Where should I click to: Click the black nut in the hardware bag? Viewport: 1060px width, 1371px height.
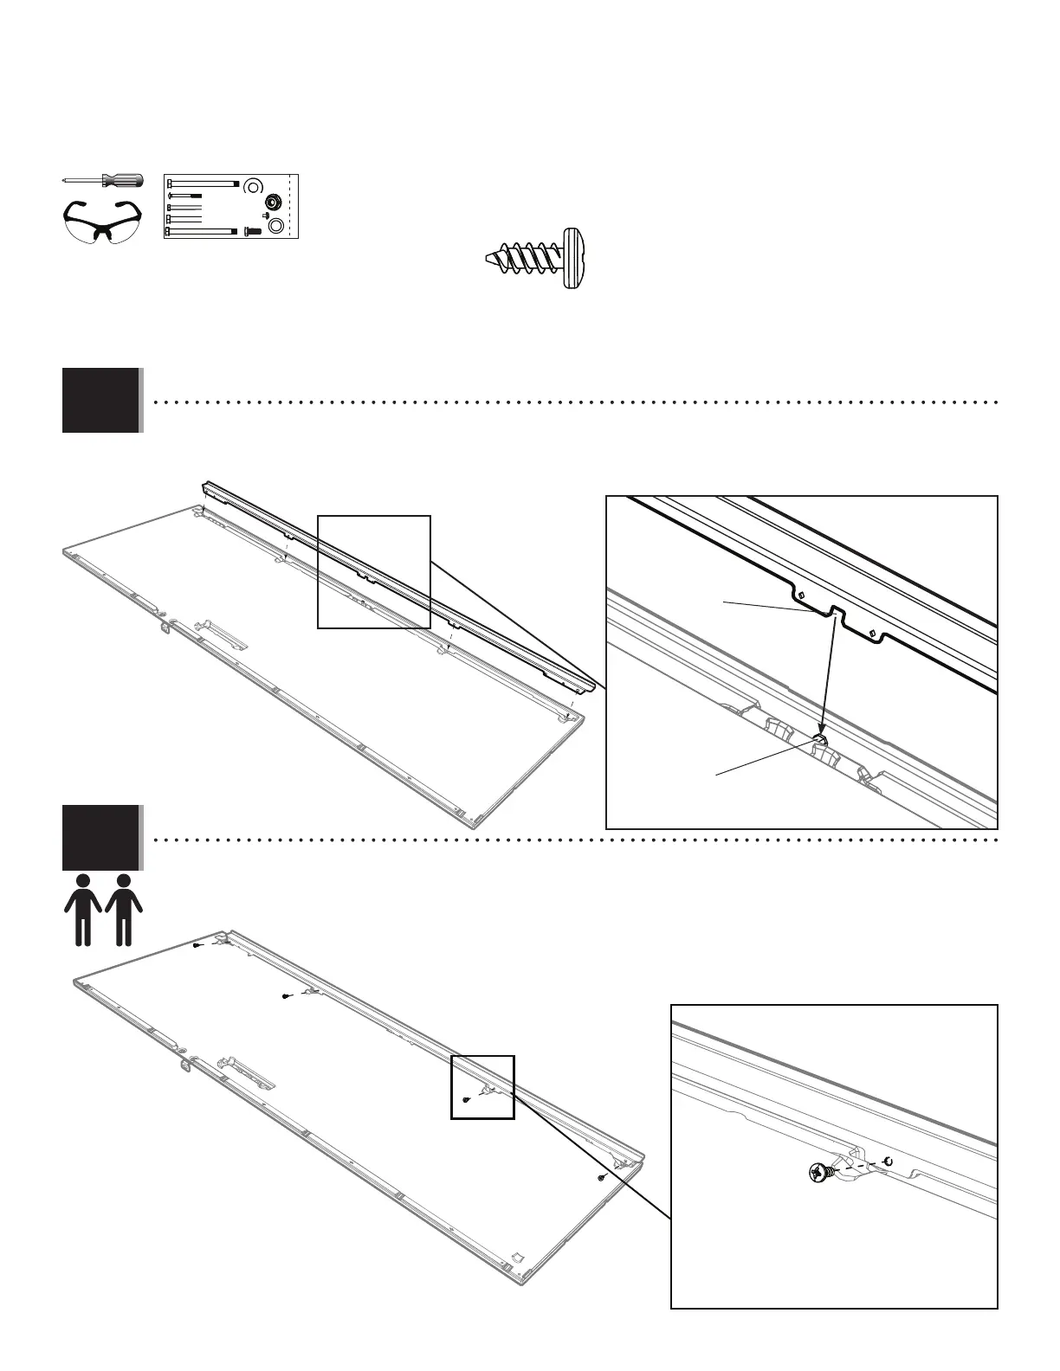click(x=271, y=202)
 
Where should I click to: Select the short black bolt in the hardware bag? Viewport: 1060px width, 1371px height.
click(x=253, y=230)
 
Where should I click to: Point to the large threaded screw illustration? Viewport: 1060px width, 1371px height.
click(x=540, y=258)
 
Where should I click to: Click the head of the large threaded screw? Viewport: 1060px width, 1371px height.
click(x=572, y=258)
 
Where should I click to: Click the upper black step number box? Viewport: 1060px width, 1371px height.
click(x=100, y=400)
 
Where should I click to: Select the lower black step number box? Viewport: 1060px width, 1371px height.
click(x=100, y=837)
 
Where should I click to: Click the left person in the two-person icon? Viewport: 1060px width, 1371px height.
click(x=83, y=909)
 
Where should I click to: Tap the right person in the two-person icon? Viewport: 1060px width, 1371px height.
click(x=124, y=909)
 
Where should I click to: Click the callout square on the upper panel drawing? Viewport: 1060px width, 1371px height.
click(x=374, y=571)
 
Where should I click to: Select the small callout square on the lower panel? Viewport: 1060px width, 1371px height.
click(x=482, y=1087)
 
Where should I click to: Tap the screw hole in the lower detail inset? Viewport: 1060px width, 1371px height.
click(x=887, y=1161)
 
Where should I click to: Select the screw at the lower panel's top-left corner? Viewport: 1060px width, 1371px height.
click(x=197, y=946)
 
